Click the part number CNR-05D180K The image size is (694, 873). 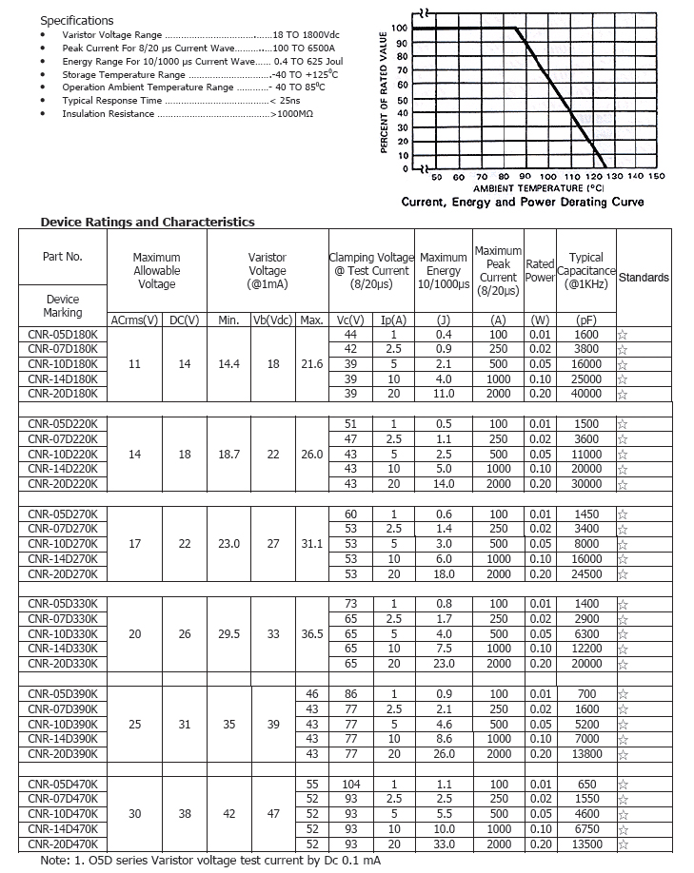pyautogui.click(x=63, y=335)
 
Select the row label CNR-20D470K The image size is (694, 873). pyautogui.click(x=63, y=844)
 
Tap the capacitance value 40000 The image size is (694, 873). pyautogui.click(x=586, y=394)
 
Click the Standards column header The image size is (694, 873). pyautogui.click(x=644, y=278)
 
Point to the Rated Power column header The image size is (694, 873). pyautogui.click(x=540, y=271)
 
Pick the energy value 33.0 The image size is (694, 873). pyautogui.click(x=443, y=844)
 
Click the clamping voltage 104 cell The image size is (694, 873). pyautogui.click(x=351, y=785)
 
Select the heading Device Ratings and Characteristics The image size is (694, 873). pyautogui.click(x=148, y=223)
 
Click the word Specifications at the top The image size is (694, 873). pyautogui.click(x=77, y=20)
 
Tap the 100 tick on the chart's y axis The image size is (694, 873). pyautogui.click(x=398, y=29)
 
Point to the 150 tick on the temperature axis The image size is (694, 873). pyautogui.click(x=657, y=177)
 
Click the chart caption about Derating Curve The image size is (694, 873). pyautogui.click(x=523, y=202)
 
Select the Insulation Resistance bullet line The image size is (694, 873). pyautogui.click(x=188, y=114)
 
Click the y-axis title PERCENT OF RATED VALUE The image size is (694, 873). pyautogui.click(x=385, y=92)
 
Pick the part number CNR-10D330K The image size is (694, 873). pyautogui.click(x=63, y=633)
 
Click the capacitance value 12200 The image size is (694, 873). pyautogui.click(x=586, y=649)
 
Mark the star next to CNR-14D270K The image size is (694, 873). pyautogui.click(x=623, y=560)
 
